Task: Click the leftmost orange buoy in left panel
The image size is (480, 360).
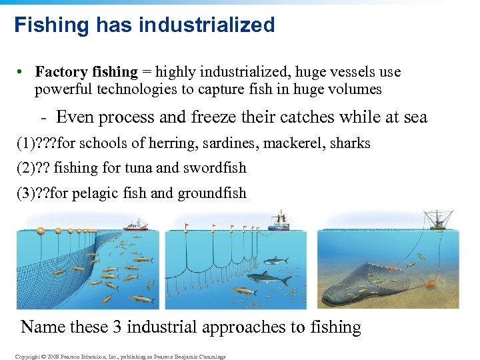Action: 40,231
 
